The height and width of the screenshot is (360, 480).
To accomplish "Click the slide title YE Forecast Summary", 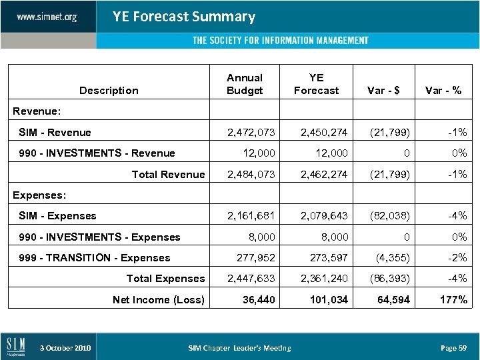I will pos(183,17).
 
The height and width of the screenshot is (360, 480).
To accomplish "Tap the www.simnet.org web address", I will pos(47,17).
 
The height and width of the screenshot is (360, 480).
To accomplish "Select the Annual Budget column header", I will pos(245,84).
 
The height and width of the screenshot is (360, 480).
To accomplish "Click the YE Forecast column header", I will pos(316,84).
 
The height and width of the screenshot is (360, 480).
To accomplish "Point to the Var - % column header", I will pos(443,91).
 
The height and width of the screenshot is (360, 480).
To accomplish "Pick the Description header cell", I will pos(109,91).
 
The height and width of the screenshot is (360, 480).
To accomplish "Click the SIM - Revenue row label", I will pos(55,133).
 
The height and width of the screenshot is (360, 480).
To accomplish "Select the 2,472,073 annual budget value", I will pos(251,133).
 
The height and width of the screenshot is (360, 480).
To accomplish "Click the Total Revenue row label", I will pos(168,175).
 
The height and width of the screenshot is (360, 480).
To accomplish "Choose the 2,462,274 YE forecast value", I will pos(324,175).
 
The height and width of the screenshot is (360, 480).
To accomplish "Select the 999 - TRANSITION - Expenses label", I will pos(95,258).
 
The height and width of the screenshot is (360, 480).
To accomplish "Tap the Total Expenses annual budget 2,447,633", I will pos(251,279).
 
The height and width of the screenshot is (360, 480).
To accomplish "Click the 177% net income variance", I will pos(453,300).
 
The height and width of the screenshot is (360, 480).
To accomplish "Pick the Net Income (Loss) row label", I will pos(159,300).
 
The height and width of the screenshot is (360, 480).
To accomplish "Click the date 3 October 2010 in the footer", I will pos(65,348).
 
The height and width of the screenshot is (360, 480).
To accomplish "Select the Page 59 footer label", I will pos(453,348).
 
